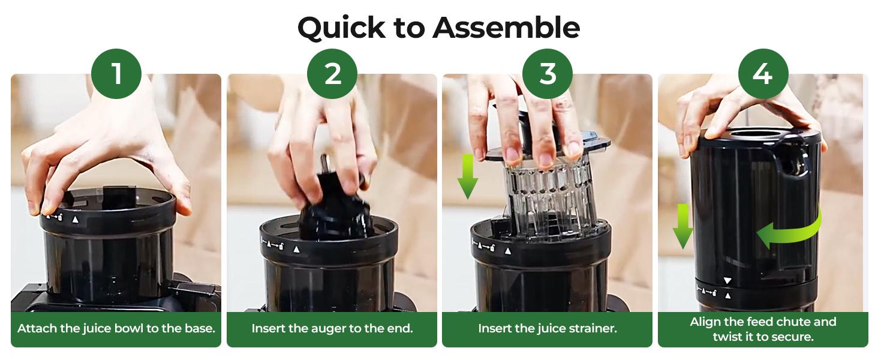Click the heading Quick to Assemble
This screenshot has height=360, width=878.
438,27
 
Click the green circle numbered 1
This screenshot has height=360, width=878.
116,74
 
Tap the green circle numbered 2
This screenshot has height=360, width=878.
332,74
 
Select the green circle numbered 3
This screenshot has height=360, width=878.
547,74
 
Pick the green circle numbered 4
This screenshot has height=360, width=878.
762,74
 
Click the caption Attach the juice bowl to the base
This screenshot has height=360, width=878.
116,329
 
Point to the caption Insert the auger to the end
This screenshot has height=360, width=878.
332,329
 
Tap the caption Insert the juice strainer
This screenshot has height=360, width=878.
547,329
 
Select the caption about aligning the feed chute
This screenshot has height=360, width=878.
762,329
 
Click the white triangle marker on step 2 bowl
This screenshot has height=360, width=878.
296,248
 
